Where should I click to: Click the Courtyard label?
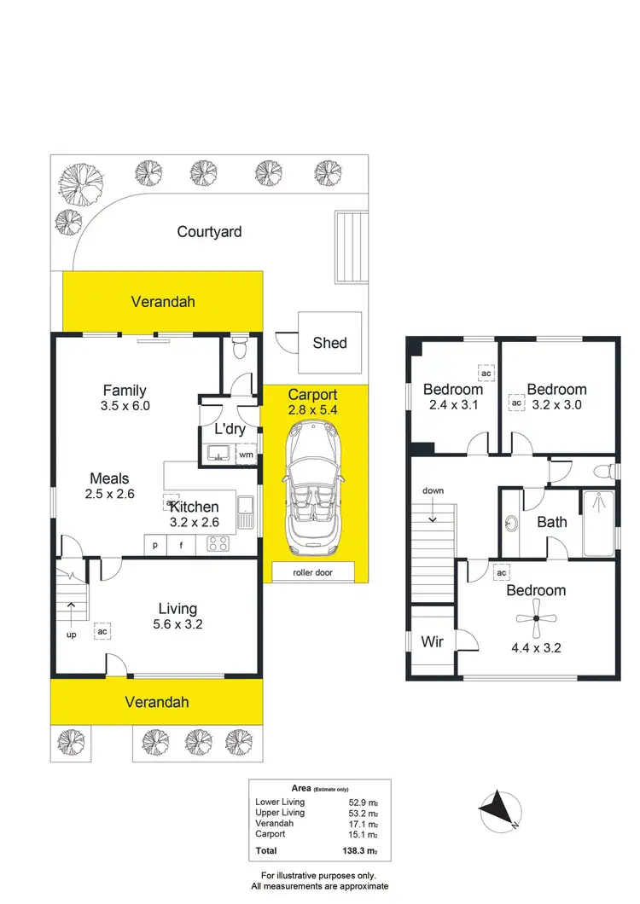tap(210, 231)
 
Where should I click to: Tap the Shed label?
tap(329, 342)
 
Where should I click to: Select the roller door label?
tap(313, 572)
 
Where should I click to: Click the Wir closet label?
tap(433, 641)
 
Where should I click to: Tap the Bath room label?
tap(552, 521)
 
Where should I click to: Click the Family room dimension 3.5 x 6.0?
tap(125, 406)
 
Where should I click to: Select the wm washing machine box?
tap(246, 455)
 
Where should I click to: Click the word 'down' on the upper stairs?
tap(433, 491)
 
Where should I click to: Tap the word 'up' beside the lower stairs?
tap(73, 634)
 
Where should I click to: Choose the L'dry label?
tap(218, 429)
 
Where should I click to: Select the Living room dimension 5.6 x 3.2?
tap(177, 623)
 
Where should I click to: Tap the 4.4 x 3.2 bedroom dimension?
tap(536, 646)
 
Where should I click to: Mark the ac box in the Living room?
tap(102, 632)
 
